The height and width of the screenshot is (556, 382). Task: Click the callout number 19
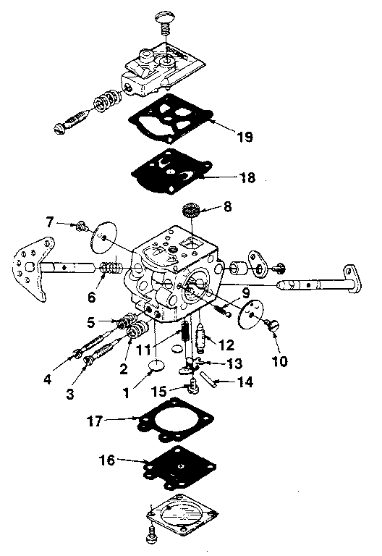[x=244, y=137]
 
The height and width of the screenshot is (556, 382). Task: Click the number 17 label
[x=115, y=418]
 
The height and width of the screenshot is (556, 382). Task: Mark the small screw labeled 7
[x=81, y=227]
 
